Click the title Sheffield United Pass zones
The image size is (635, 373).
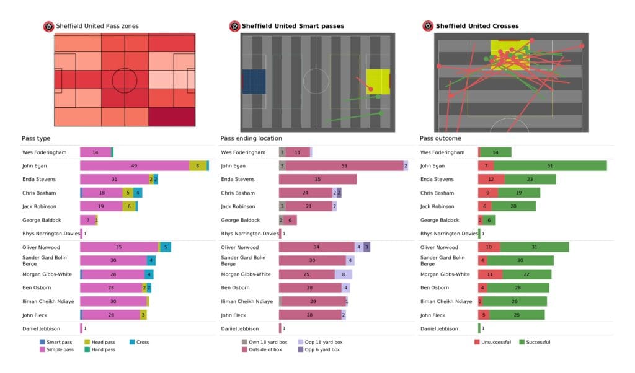coord(97,26)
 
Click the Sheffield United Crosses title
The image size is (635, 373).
coord(477,26)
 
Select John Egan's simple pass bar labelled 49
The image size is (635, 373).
coord(135,165)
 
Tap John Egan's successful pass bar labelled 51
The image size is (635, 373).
coord(550,165)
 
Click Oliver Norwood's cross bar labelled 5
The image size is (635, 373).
coord(166,247)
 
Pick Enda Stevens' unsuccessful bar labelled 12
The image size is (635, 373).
coord(491,179)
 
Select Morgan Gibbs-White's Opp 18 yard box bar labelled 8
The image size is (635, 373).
coord(344,274)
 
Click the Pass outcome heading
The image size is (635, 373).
coord(440,138)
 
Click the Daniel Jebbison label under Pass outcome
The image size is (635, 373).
coord(439,328)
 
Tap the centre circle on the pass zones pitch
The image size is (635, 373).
coord(125,80)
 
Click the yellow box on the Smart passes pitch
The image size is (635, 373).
coord(377,81)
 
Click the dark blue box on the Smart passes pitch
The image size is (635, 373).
coord(254,81)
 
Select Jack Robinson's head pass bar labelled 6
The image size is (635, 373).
coord(129,206)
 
